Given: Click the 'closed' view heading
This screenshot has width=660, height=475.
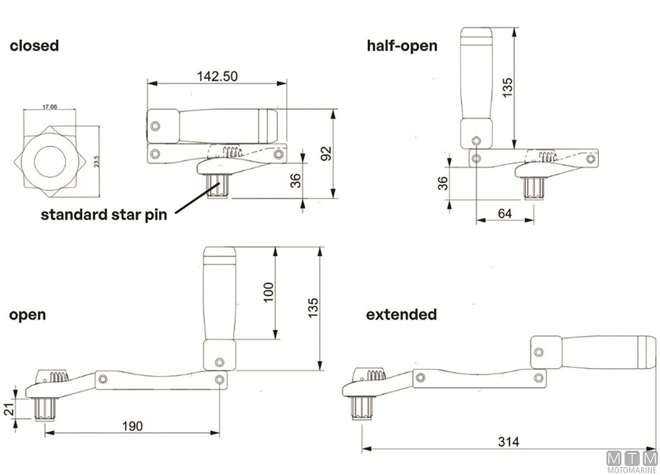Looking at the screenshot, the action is point(34,46).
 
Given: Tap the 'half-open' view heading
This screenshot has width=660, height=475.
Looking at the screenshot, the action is point(402,46).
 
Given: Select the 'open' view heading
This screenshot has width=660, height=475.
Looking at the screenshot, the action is point(28,316).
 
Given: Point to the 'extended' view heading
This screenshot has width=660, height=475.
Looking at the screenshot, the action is point(402,314).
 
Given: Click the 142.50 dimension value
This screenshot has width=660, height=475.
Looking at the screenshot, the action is point(217,76).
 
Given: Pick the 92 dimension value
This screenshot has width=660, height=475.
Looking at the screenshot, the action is point(326,153).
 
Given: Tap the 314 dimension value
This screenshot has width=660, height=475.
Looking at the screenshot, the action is point(509,441).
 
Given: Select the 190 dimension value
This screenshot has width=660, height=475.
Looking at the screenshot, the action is point(133,426).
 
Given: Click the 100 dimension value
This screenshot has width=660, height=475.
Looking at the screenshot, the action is point(269,292).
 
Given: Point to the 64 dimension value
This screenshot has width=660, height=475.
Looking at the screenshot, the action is point(505,213).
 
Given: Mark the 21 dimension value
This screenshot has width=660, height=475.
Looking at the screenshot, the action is point(9,410).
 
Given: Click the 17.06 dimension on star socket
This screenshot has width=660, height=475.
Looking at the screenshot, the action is point(50,107).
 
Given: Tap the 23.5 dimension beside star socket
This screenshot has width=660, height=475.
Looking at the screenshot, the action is point(97,162).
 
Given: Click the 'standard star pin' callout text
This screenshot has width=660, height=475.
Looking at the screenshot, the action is point(104,215).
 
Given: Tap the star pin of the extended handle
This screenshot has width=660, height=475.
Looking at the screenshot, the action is point(362,408).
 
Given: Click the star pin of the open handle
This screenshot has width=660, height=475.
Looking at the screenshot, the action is point(45,410).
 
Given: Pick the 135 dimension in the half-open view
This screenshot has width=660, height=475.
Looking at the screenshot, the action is point(507,87).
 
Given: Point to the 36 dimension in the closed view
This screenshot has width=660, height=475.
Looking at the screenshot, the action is point(295,180).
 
